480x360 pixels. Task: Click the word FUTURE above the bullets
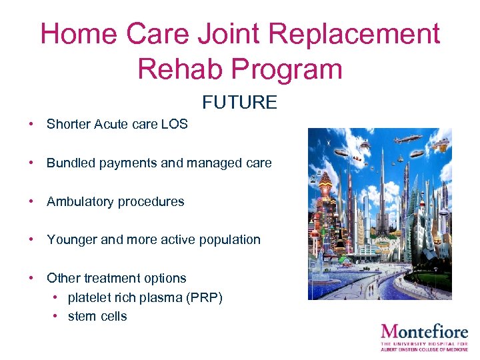(x=239, y=102)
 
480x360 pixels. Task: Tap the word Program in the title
(x=288, y=68)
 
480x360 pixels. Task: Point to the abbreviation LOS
(x=175, y=124)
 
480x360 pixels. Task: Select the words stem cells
(x=97, y=316)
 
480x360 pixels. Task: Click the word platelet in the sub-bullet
(x=88, y=297)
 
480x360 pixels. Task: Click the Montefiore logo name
(x=425, y=331)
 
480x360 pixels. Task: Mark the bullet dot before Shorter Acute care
(x=31, y=125)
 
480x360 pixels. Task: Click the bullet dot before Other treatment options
(x=31, y=278)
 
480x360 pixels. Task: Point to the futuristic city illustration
(x=379, y=214)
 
